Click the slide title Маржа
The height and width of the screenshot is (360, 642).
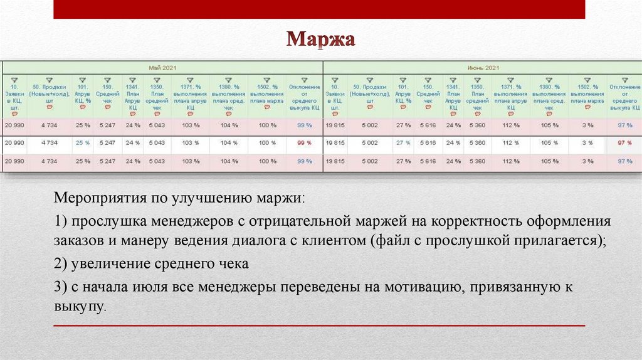tap(321, 41)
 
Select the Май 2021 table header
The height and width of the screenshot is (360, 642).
tap(162, 67)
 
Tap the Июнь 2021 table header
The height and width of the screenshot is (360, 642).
tap(483, 67)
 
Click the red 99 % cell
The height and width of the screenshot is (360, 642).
tap(305, 143)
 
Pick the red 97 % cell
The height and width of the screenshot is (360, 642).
tap(624, 143)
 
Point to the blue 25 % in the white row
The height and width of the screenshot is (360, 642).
tap(83, 143)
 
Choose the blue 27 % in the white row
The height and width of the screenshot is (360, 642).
tap(403, 143)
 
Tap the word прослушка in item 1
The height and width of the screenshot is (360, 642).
tap(103, 223)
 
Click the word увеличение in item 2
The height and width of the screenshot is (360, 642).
tap(105, 264)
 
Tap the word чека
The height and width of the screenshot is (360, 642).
tap(233, 264)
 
